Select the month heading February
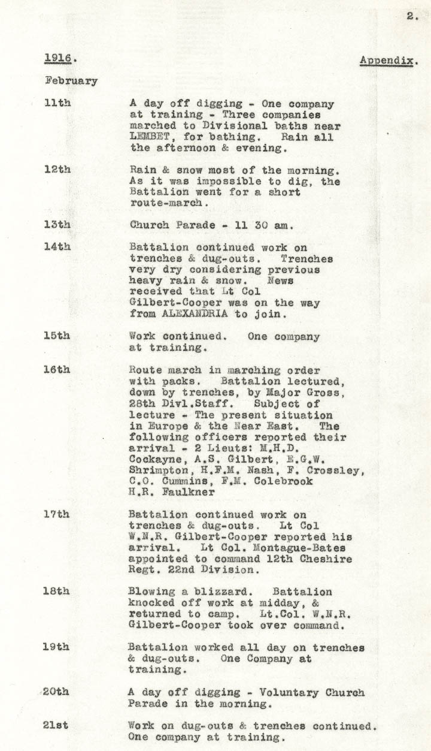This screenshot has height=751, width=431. (x=71, y=81)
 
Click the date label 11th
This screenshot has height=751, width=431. (x=57, y=103)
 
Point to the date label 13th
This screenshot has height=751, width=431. (x=57, y=225)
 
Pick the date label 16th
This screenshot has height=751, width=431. (x=57, y=369)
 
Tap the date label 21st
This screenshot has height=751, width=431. (x=56, y=725)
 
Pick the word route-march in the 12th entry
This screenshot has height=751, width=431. (x=169, y=203)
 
